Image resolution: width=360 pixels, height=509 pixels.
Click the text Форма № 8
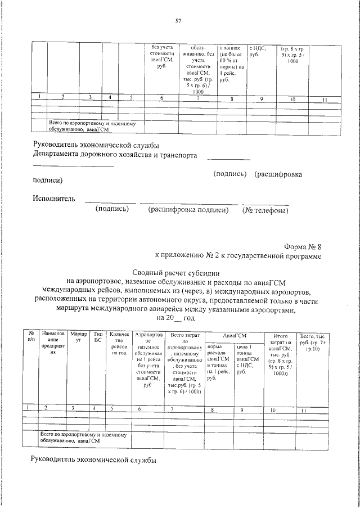303,246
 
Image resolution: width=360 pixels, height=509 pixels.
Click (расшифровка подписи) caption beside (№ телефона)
188,210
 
